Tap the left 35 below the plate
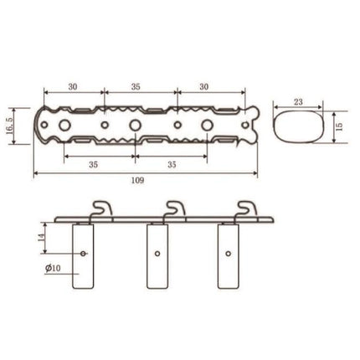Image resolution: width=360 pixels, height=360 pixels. [92, 164]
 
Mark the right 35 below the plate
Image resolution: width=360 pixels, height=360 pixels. [172, 164]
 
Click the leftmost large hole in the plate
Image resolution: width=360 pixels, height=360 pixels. [62, 126]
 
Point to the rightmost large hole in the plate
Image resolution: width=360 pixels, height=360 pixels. [208, 126]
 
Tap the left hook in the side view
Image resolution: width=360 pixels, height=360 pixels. [101, 208]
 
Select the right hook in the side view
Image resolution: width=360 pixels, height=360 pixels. [246, 208]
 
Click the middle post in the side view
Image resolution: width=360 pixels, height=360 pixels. [157, 255]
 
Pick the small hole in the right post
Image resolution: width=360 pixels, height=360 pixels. [229, 251]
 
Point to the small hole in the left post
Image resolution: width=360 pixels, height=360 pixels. [84, 251]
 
